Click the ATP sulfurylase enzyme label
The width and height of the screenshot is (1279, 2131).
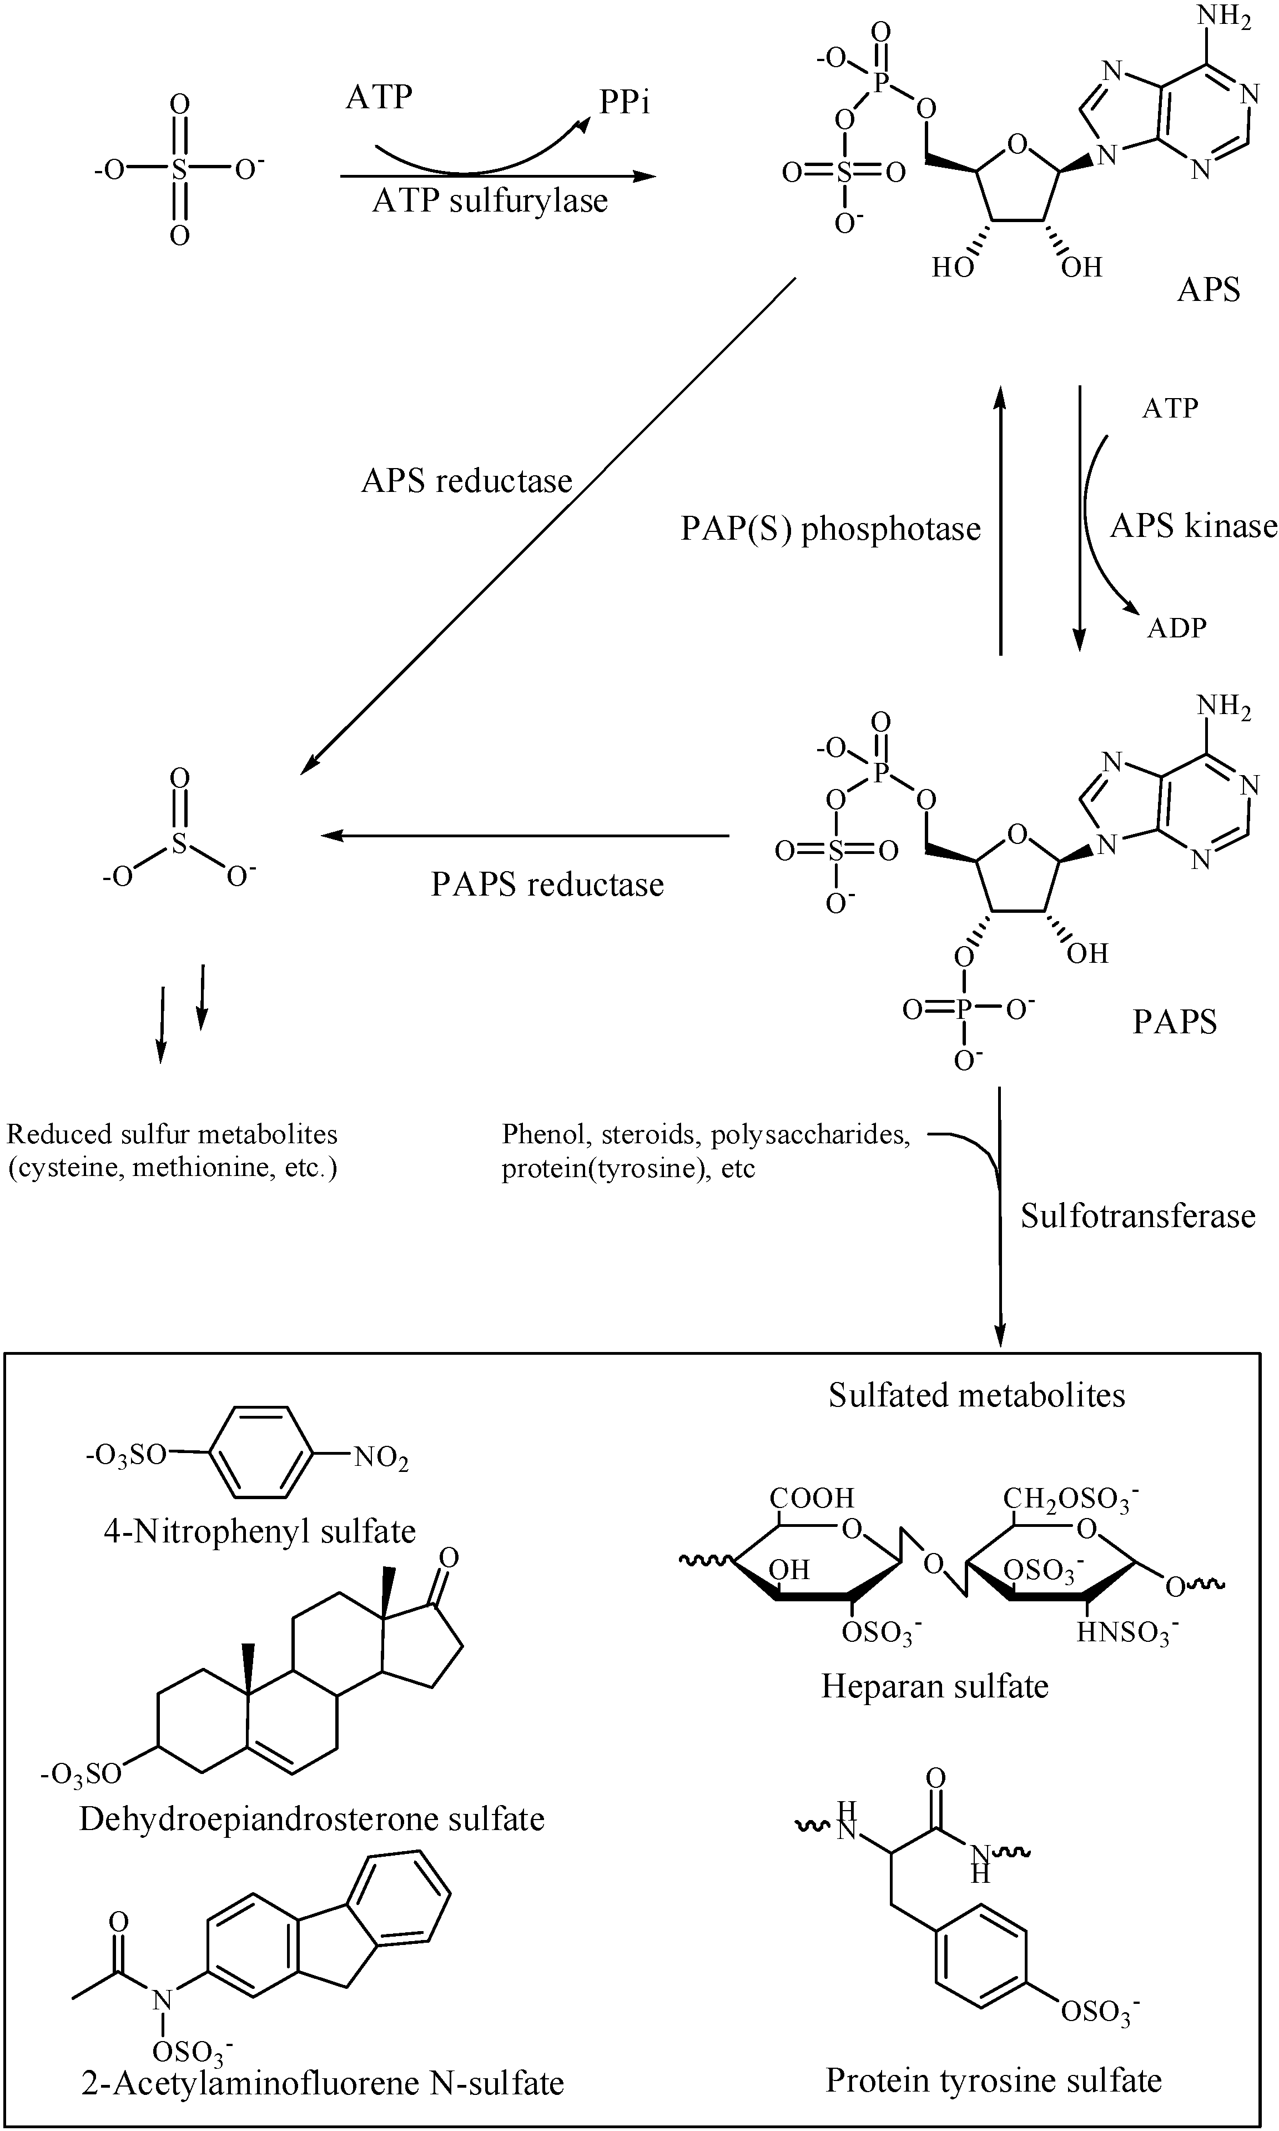[490, 201]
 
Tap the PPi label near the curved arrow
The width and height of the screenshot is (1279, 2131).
[625, 103]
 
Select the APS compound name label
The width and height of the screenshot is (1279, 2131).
[1208, 290]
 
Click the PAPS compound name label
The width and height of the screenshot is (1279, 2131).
[1174, 1022]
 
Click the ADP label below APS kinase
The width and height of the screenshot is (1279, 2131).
[1176, 627]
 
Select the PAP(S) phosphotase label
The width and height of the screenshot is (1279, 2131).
[830, 529]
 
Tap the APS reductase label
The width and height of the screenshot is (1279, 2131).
[466, 480]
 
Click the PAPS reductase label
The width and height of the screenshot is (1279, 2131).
[547, 884]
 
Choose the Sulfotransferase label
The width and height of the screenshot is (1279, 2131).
[1137, 1215]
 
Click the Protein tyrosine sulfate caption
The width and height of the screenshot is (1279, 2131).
[993, 2079]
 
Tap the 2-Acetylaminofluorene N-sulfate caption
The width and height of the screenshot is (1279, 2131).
[323, 2083]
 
